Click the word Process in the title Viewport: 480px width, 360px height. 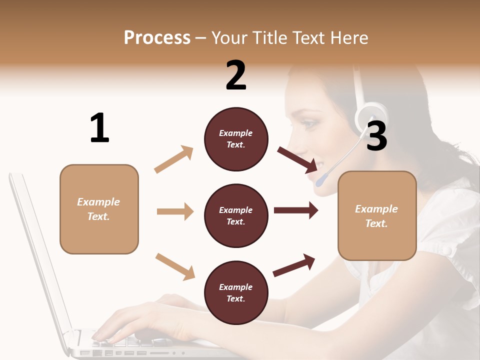click(157, 37)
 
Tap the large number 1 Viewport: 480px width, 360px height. click(99, 128)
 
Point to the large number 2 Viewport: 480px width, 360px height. click(236, 75)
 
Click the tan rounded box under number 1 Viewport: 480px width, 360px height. click(99, 209)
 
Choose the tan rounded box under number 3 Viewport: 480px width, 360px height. click(377, 215)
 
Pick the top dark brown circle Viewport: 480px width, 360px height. click(236, 139)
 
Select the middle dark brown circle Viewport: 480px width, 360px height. click(236, 215)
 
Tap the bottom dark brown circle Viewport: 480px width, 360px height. click(236, 292)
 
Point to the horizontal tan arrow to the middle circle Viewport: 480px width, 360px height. click(175, 211)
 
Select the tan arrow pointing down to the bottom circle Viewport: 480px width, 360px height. click(175, 265)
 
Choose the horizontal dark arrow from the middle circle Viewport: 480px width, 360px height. click(295, 210)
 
